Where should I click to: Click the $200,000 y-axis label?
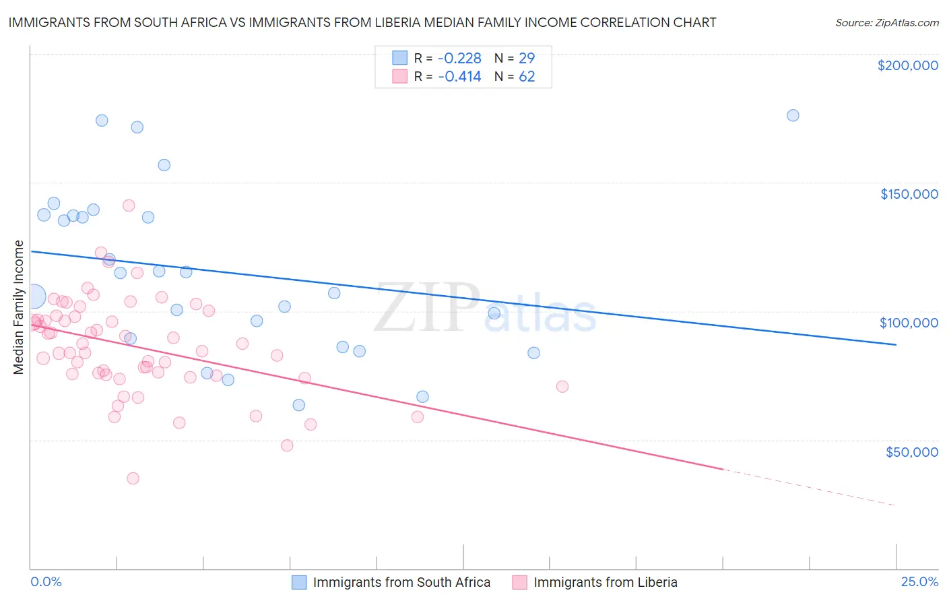point(907,65)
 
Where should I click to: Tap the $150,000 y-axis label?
point(909,194)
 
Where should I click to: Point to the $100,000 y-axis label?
point(909,323)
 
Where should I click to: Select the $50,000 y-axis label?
point(911,451)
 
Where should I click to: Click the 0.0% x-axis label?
point(46,581)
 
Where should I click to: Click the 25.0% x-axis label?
point(919,581)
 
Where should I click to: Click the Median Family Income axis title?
point(18,307)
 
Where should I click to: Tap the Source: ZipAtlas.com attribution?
point(886,22)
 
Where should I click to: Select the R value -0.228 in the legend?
point(459,58)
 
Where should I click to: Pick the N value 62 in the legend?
point(527,77)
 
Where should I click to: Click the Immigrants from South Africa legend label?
point(401,582)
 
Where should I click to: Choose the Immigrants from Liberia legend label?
point(605,582)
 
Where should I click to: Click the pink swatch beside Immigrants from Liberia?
point(519,582)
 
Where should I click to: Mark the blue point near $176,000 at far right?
point(793,115)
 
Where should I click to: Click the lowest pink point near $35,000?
point(133,478)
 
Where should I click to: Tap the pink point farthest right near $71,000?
point(562,386)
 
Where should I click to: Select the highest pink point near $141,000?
point(129,205)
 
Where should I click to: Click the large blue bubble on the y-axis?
point(34,296)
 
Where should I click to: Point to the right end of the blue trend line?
point(896,344)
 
